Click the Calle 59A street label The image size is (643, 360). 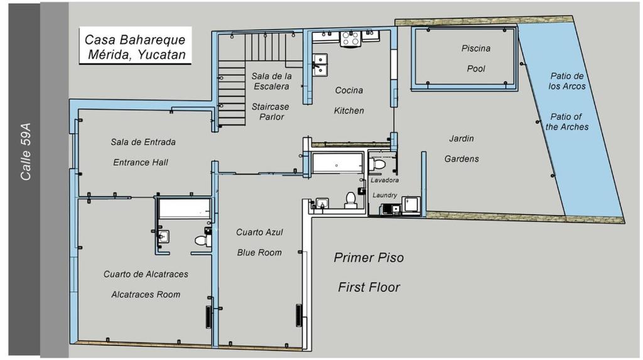tap(25, 151)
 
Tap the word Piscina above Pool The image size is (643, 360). tap(476, 48)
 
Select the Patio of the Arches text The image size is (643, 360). tap(567, 122)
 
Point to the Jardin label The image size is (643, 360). tap(462, 138)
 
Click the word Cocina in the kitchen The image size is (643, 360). tap(349, 90)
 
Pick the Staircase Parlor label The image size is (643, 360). tap(270, 112)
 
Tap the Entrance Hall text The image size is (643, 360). tap(141, 162)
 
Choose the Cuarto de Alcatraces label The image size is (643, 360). tap(146, 274)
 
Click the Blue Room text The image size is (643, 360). tap(259, 253)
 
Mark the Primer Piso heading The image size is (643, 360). tap(369, 258)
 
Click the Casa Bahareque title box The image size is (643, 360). tap(136, 46)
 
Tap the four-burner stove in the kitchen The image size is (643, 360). tap(350, 38)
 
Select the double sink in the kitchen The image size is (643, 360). tap(320, 65)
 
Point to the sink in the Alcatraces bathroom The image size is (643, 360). tap(164, 236)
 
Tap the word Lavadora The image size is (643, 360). tap(385, 180)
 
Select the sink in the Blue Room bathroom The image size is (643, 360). tap(322, 203)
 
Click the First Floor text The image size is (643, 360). tap(369, 287)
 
